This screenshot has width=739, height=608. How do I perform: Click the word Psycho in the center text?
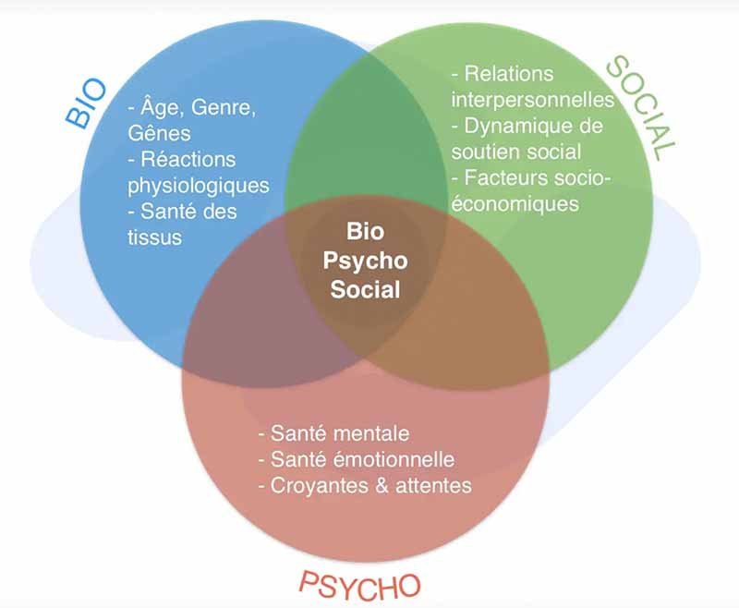(365, 261)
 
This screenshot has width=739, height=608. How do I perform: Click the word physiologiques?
(199, 185)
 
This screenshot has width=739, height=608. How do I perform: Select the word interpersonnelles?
(532, 99)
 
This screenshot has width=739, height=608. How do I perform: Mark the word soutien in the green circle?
(481, 151)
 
